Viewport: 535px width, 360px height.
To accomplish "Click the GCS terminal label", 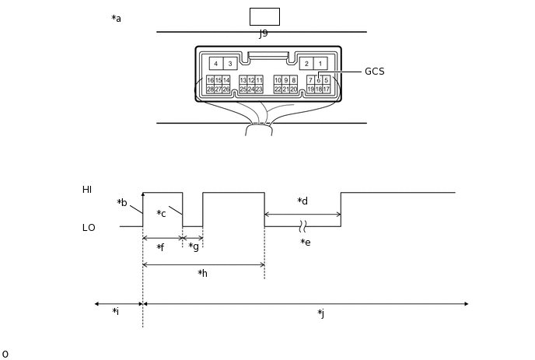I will coord(374,72).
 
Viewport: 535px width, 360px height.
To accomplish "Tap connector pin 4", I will coord(216,64).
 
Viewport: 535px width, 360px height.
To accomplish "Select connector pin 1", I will coord(320,64).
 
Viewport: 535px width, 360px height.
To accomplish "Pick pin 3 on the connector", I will coord(230,64).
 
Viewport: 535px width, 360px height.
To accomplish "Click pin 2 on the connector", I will coord(306,64).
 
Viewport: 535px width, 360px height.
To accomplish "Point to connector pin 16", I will coord(210,80).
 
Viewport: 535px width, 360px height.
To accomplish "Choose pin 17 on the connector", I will coord(327,89).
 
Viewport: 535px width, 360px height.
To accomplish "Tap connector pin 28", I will coord(210,89).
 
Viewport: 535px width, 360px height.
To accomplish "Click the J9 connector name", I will coord(264,33).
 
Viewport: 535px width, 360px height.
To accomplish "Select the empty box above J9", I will coord(264,16).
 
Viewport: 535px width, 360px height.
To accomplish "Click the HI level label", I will coord(87,190).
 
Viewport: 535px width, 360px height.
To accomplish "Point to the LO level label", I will coord(89,228).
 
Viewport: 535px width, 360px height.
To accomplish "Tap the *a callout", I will coord(117,19).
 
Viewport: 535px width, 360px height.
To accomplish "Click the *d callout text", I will coord(302,201).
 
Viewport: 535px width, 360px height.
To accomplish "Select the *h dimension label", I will coord(202,274).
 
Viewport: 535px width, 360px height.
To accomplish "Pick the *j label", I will coord(320,313).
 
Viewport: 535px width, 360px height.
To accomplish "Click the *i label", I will coord(115,312).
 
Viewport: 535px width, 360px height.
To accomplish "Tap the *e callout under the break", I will coord(306,243).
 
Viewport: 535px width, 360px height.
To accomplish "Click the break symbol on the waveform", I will coord(303,226).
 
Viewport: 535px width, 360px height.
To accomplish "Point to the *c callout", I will coord(161,214).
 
